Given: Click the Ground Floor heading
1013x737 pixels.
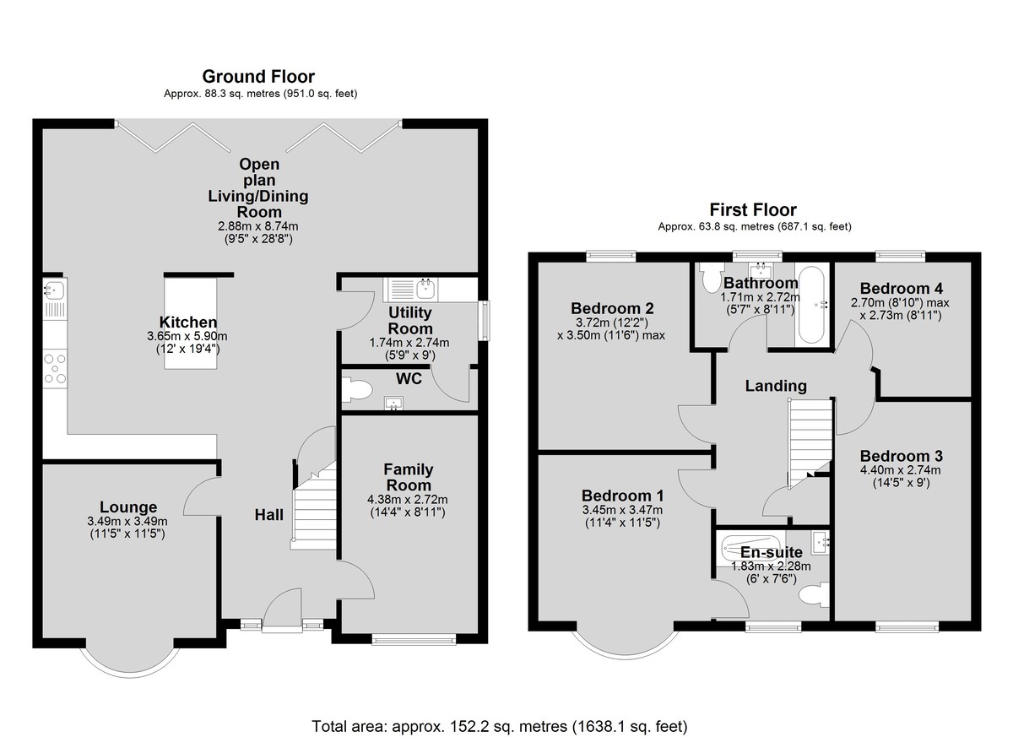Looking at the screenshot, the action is pyautogui.click(x=258, y=77).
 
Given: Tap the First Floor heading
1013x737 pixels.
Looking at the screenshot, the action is pyautogui.click(x=753, y=210).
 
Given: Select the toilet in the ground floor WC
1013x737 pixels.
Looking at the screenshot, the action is pyautogui.click(x=357, y=390).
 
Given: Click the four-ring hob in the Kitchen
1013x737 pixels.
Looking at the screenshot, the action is pyautogui.click(x=55, y=368).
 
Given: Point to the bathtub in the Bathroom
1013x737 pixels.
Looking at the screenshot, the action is pyautogui.click(x=812, y=305).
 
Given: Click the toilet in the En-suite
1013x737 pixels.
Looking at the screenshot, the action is pyautogui.click(x=814, y=594).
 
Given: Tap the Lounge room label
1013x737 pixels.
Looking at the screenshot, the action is pyautogui.click(x=128, y=507).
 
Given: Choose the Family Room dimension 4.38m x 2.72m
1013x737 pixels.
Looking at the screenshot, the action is pyautogui.click(x=408, y=500).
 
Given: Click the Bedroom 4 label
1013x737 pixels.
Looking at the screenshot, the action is pyautogui.click(x=902, y=288).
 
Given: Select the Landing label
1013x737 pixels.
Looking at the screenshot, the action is pyautogui.click(x=776, y=386).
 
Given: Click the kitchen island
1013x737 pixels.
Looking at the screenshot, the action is pyautogui.click(x=191, y=322).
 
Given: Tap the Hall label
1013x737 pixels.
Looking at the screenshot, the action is pyautogui.click(x=269, y=514).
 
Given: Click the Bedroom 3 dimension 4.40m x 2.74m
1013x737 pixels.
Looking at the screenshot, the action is pyautogui.click(x=901, y=469).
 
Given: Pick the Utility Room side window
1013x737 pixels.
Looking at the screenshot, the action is pyautogui.click(x=485, y=320).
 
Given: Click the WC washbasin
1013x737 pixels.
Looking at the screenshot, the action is pyautogui.click(x=393, y=403).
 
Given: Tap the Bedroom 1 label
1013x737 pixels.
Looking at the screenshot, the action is pyautogui.click(x=622, y=496).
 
